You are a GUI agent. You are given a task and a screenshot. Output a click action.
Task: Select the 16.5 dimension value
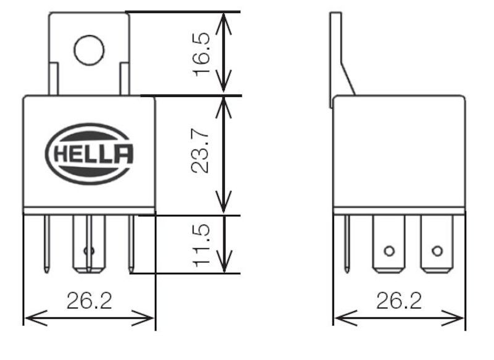tap(203, 54)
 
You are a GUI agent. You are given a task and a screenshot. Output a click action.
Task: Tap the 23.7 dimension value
tap(203, 155)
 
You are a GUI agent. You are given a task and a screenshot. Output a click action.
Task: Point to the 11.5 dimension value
tap(203, 245)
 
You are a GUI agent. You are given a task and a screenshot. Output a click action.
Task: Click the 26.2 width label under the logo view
tap(90, 301)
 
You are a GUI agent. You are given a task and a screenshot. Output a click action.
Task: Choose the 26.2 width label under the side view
tap(399, 301)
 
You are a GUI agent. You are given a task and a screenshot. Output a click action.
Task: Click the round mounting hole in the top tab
tap(89, 50)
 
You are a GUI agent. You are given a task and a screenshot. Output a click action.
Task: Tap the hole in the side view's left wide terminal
tap(388, 251)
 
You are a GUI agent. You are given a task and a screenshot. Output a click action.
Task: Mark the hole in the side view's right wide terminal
tap(437, 251)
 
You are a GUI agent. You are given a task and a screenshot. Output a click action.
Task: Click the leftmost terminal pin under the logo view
tap(47, 243)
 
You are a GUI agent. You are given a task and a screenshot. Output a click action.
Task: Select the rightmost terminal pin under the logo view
tap(131, 243)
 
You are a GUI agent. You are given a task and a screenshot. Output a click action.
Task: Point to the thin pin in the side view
tap(347, 243)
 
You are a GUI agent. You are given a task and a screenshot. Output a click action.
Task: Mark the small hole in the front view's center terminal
tap(88, 251)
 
